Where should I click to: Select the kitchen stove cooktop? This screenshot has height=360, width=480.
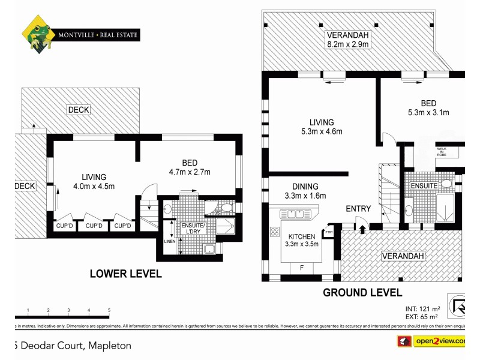[x=275, y=231]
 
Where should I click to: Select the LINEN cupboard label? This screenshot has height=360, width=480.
[x=170, y=241]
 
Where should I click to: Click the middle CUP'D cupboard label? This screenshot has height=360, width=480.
[x=94, y=226]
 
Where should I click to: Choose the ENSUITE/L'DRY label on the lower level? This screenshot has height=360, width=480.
[x=193, y=229]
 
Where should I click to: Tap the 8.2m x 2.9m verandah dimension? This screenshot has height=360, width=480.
[x=347, y=44]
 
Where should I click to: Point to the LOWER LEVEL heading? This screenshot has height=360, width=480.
[x=125, y=274]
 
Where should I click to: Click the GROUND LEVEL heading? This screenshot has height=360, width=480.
[x=362, y=292]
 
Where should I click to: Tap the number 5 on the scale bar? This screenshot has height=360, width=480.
[x=109, y=310]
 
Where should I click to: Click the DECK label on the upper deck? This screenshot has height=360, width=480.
[x=79, y=110]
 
